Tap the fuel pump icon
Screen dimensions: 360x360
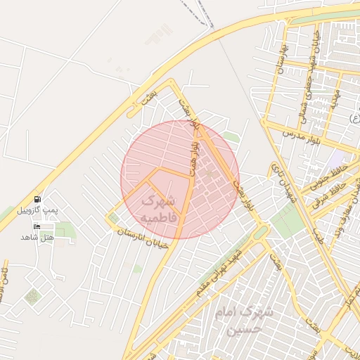[37, 200]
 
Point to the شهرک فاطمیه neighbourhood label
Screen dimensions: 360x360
[157, 209]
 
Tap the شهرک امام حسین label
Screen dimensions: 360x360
[238, 321]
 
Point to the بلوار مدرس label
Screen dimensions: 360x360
[303, 134]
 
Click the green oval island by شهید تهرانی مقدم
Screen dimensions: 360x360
[260, 231]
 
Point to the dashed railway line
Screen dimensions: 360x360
[199, 14]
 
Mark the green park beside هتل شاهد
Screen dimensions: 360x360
[65, 230]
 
